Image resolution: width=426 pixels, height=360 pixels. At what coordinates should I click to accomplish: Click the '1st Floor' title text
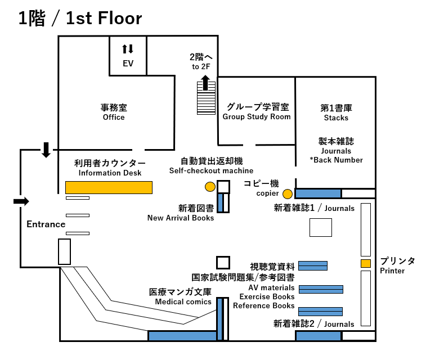tap(104, 19)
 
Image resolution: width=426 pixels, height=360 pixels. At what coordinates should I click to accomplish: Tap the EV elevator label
tap(128, 64)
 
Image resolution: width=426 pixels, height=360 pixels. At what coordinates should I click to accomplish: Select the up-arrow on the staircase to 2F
tap(206, 83)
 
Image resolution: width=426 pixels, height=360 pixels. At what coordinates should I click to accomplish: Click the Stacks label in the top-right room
tap(336, 118)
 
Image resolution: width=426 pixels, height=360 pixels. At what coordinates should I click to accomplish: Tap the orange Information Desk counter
tap(109, 187)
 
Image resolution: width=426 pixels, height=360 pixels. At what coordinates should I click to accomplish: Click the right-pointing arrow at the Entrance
tap(21, 201)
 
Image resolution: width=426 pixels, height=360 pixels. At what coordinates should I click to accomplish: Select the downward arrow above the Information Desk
tap(46, 149)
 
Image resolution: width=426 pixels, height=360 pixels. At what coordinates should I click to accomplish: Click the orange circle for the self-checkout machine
tap(210, 186)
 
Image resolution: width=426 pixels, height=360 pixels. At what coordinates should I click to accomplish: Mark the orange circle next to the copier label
tap(288, 194)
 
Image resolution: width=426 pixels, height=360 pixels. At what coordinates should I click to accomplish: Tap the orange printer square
tap(366, 263)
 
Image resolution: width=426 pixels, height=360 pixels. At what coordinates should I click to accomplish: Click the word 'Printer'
tap(392, 271)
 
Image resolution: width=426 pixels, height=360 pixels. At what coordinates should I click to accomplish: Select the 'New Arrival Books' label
tap(181, 218)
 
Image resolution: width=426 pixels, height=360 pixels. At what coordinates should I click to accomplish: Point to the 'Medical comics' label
tap(183, 301)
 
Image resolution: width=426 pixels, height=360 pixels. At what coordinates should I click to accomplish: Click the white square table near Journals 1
tap(321, 227)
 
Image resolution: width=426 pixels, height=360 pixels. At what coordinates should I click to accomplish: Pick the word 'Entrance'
tap(46, 224)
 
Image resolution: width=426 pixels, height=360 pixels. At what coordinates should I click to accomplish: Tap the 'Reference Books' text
tap(264, 305)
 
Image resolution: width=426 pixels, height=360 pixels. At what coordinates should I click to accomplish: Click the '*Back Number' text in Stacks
tap(336, 160)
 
